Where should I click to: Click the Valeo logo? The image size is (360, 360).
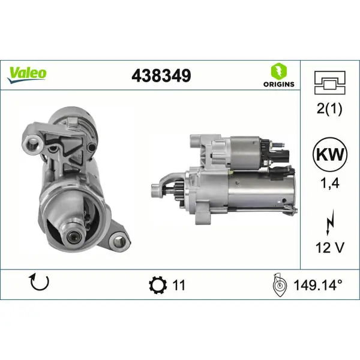click(26, 74)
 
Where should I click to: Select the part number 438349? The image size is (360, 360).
click(161, 76)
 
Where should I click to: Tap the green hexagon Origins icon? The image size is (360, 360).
click(279, 71)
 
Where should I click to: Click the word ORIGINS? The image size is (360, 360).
click(279, 84)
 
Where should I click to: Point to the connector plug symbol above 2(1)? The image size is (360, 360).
click(329, 83)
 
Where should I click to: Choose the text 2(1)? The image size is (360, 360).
click(329, 109)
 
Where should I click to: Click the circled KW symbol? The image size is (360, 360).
click(330, 154)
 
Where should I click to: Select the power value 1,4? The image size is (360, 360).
click(330, 184)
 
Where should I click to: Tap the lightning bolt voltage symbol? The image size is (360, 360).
click(330, 222)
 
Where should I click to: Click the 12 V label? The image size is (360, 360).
click(330, 247)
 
